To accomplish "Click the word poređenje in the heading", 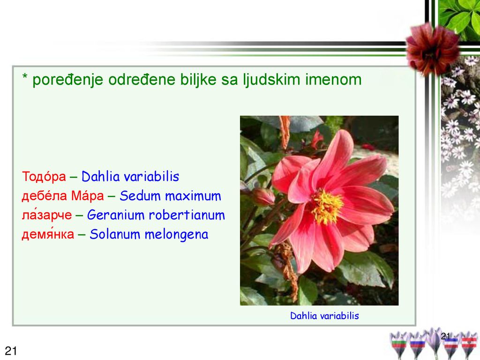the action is click(x=67, y=80).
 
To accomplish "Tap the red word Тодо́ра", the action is click(x=44, y=176).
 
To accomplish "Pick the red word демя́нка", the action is click(x=48, y=234).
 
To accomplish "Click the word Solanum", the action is click(x=115, y=234).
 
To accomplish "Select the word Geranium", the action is click(x=116, y=215).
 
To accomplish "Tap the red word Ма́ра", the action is click(x=88, y=196).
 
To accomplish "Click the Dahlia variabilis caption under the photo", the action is click(x=324, y=315).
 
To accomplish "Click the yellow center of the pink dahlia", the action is click(x=327, y=207).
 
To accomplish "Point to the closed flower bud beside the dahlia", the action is click(x=262, y=196).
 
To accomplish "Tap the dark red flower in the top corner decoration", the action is click(x=432, y=49).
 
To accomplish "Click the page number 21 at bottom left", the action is click(x=11, y=351).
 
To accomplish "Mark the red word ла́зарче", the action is click(x=46, y=215).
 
